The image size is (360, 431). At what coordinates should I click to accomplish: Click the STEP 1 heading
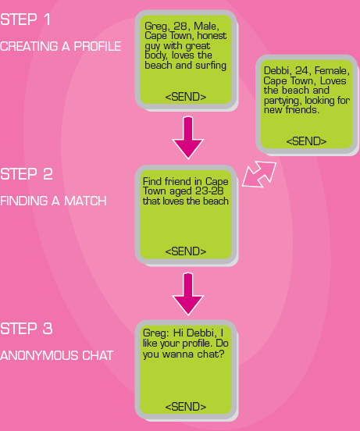tap(25, 20)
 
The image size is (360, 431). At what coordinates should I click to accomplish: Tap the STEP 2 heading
tap(27, 174)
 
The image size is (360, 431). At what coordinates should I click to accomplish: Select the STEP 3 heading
tap(27, 329)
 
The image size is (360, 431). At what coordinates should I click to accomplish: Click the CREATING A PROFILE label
tap(60, 46)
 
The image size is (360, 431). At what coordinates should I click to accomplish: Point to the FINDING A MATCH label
tap(53, 201)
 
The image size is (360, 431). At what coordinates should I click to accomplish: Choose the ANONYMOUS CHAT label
tap(56, 355)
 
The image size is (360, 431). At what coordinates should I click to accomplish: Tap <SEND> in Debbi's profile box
tap(306, 141)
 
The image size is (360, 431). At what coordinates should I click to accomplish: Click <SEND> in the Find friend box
tap(186, 251)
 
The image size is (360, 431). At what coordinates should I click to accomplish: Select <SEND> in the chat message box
tap(186, 407)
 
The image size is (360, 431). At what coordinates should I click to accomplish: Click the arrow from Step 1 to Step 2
tap(188, 137)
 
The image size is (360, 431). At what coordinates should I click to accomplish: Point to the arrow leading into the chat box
tap(188, 294)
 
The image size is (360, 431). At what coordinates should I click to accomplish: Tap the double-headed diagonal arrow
tap(259, 175)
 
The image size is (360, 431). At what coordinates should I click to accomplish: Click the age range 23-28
tap(209, 191)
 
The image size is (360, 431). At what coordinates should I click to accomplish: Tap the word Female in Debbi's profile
tap(332, 70)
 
